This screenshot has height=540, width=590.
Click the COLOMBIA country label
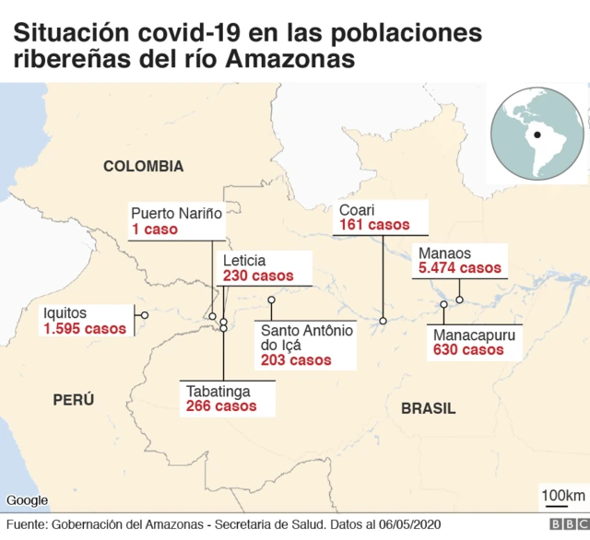click(x=143, y=167)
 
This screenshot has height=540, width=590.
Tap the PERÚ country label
click(x=74, y=399)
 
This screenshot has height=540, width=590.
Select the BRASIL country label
click(x=429, y=407)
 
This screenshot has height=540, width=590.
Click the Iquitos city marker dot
click(x=144, y=315)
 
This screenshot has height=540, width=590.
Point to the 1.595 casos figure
click(x=85, y=329)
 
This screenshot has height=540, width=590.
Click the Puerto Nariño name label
click(x=177, y=213)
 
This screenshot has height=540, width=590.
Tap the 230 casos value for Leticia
click(x=258, y=276)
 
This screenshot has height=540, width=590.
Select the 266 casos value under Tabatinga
click(x=220, y=405)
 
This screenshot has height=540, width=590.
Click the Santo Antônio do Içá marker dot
click(x=271, y=300)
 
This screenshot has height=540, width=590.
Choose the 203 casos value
click(x=296, y=360)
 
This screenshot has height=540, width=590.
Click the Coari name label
click(x=357, y=209)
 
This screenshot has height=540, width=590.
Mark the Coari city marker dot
click(x=383, y=321)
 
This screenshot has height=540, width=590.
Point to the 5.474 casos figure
click(x=460, y=268)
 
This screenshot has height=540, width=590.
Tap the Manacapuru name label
click(x=474, y=335)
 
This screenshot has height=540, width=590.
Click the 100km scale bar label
click(x=562, y=495)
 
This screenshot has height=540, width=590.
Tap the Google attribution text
click(x=27, y=499)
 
